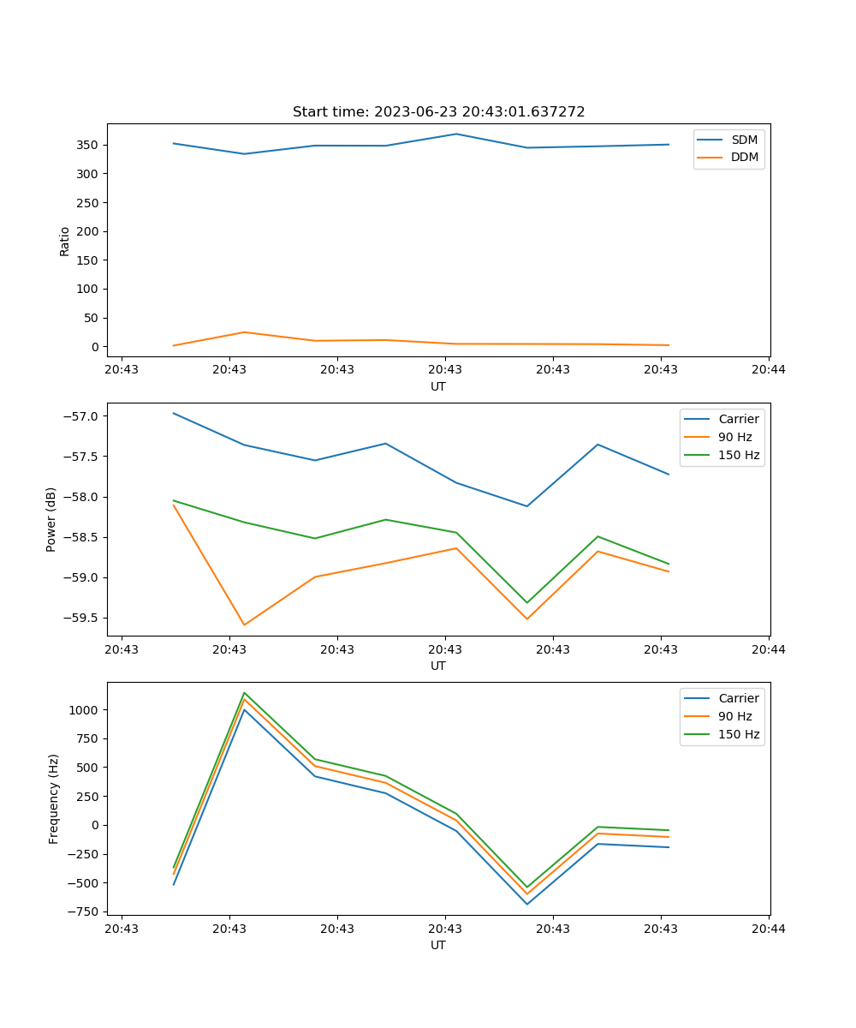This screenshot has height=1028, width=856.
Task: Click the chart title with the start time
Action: click(438, 112)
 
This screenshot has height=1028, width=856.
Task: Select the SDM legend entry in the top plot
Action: click(744, 139)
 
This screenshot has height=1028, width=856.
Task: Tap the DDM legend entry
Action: click(744, 157)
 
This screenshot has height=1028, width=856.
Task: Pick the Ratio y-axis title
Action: click(65, 241)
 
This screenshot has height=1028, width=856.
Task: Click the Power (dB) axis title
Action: click(51, 519)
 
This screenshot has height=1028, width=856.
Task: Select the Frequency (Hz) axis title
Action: click(54, 798)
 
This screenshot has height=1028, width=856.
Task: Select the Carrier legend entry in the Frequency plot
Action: click(738, 698)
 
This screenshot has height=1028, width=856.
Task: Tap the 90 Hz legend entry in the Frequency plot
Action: click(734, 716)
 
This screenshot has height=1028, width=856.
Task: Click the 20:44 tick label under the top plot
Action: click(768, 370)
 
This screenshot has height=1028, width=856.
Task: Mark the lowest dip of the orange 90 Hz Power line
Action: click(245, 625)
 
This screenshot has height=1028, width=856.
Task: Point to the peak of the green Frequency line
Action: click(245, 692)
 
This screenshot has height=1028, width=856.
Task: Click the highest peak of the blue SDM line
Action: click(456, 134)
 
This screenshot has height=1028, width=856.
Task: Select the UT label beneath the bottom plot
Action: click(438, 945)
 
